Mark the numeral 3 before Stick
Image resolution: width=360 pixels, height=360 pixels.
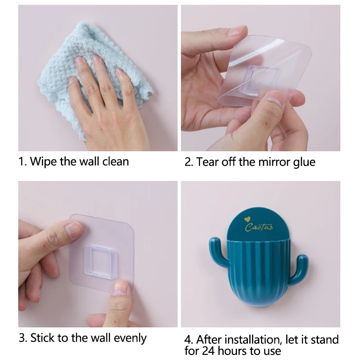pos(21,337)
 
